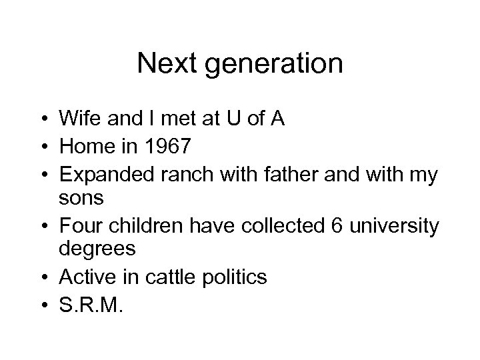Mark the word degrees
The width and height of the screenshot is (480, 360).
click(97, 249)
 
